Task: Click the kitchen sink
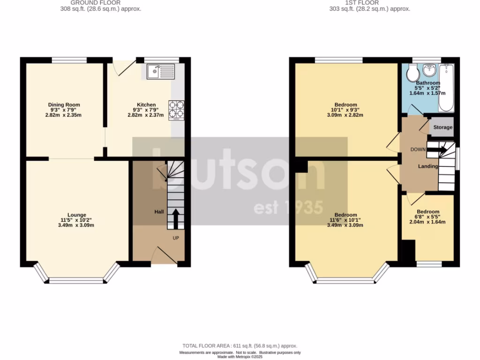click(160, 72)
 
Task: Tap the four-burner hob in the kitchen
click(177, 110)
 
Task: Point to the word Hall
click(159, 212)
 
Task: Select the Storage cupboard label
click(442, 127)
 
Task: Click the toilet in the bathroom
click(412, 73)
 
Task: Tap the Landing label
click(428, 166)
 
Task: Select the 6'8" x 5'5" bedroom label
click(428, 217)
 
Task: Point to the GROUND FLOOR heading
click(101, 3)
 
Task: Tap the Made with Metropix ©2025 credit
click(240, 357)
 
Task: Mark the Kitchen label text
click(146, 105)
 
